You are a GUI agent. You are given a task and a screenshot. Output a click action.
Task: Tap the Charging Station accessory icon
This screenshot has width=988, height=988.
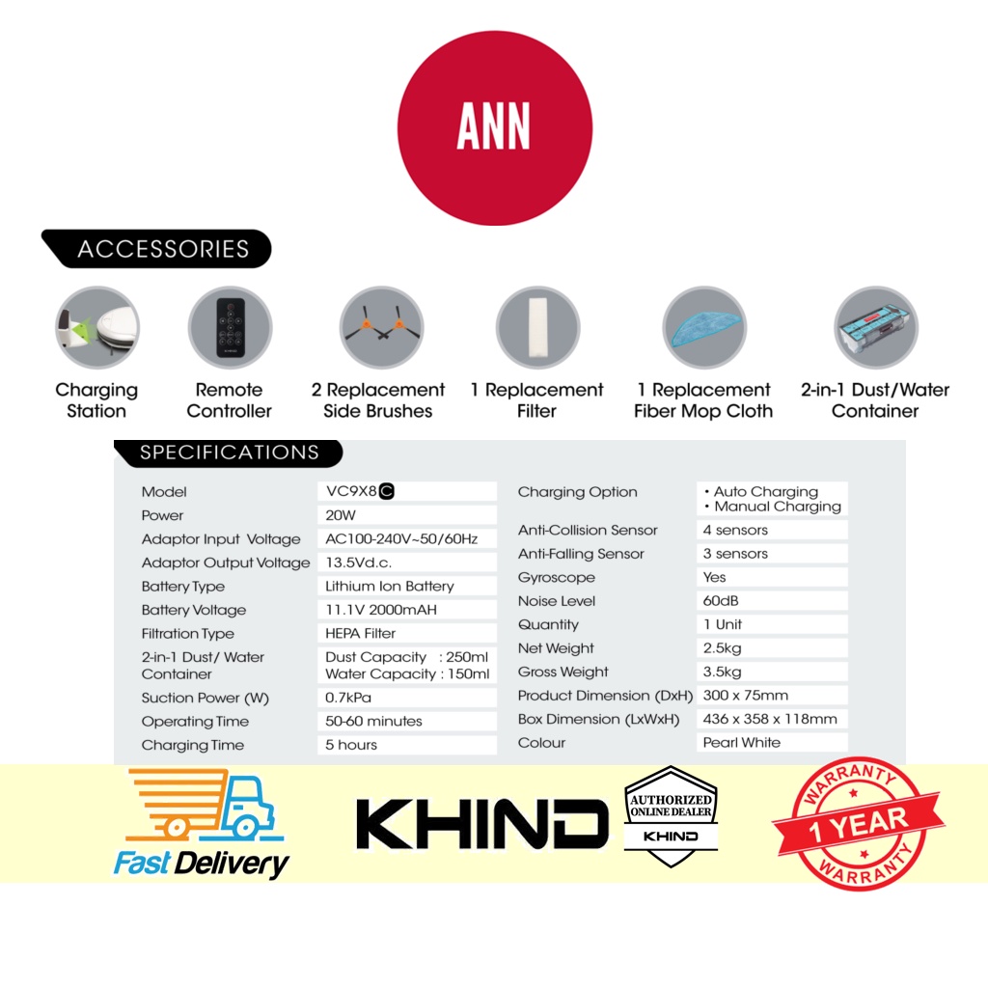click(x=96, y=328)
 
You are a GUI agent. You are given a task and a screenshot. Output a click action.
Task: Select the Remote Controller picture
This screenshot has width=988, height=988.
click(x=230, y=328)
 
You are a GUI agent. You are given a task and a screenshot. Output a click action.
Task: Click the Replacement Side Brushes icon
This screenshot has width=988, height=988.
click(x=377, y=328)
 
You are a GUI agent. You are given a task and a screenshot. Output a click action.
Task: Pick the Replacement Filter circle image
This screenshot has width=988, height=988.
click(x=537, y=328)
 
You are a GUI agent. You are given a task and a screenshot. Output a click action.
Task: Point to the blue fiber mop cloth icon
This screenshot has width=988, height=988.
click(x=703, y=328)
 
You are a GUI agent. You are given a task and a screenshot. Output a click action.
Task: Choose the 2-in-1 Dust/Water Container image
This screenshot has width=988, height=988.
click(x=875, y=328)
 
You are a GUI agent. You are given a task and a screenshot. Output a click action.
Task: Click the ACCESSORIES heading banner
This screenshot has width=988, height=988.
click(x=159, y=249)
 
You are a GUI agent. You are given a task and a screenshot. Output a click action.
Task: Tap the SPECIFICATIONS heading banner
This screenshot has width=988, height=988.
click(x=229, y=453)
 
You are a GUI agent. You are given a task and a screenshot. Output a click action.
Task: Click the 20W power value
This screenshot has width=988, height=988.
click(x=342, y=515)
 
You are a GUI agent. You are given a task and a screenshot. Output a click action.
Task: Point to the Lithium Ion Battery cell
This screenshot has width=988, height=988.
click(x=390, y=586)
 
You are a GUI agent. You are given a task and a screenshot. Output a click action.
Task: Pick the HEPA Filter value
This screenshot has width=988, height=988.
click(x=361, y=633)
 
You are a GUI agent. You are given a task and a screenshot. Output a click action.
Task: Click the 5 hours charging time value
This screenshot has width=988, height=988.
click(x=351, y=745)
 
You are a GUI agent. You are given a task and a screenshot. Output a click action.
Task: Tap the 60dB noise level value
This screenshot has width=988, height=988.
click(x=721, y=601)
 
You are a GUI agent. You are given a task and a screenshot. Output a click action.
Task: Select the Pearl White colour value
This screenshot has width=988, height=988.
click(x=742, y=743)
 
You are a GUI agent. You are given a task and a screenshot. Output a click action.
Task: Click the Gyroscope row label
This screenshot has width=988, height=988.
click(x=557, y=577)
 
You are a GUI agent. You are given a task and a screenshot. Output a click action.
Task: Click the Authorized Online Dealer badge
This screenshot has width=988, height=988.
click(x=671, y=816)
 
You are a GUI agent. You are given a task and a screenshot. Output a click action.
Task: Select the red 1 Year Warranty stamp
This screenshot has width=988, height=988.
click(x=857, y=823)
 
